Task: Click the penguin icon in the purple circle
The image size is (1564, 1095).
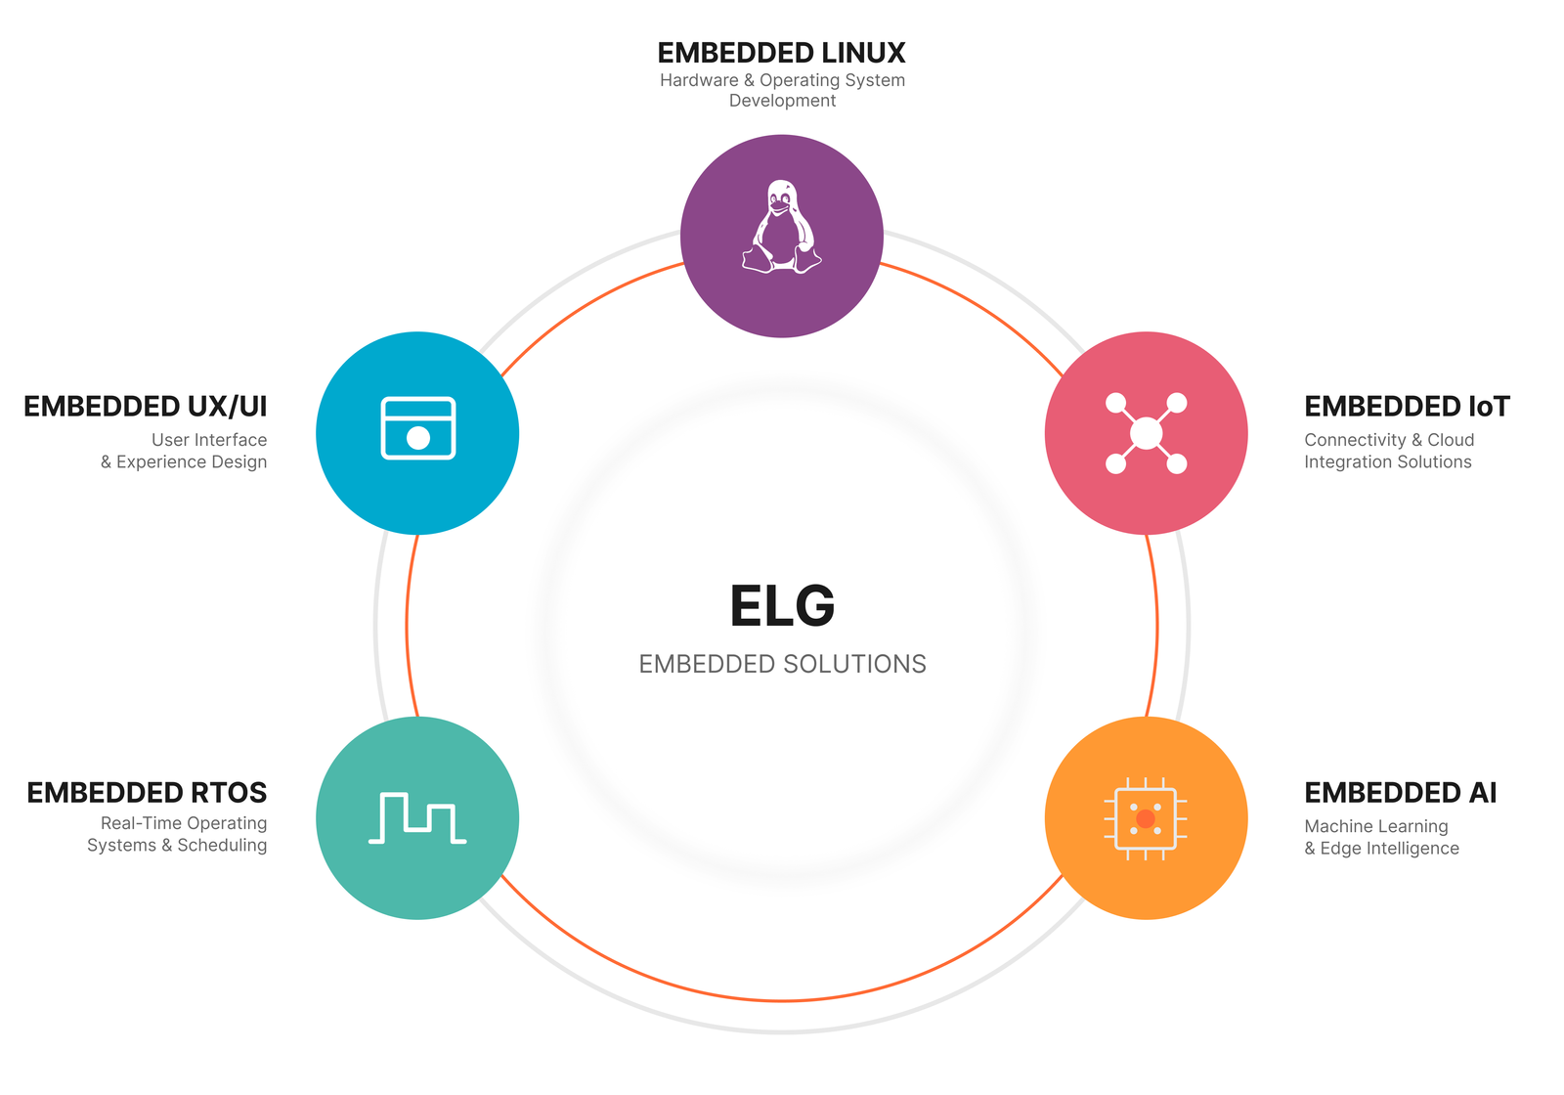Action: pos(782,227)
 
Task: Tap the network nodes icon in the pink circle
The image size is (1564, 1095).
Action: pos(1146,433)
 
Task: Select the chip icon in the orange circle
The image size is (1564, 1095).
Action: pos(1146,818)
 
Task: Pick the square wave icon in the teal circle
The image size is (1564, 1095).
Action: pos(417,818)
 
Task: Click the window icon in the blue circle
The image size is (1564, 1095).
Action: pos(417,428)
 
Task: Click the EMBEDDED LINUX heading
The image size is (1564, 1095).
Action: pos(781,53)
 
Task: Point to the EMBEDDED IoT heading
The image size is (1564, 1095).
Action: pos(1407,407)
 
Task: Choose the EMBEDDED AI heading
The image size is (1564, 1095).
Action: pos(1400,793)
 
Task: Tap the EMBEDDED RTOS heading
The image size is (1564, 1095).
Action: pos(147,793)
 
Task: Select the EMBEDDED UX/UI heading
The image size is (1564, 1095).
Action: pos(145,407)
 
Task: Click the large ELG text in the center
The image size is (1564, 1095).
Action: pos(782,606)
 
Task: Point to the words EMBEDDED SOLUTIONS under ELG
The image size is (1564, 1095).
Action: pos(782,664)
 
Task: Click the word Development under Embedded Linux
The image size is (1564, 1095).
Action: pos(782,101)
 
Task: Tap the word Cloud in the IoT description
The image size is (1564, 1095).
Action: pos(1451,440)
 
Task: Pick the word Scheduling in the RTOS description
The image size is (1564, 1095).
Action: pos(222,846)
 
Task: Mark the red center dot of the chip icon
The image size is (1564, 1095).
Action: pos(1146,818)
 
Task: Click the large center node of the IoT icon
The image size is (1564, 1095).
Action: pos(1146,433)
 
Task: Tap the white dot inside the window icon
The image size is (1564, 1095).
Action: pos(418,438)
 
